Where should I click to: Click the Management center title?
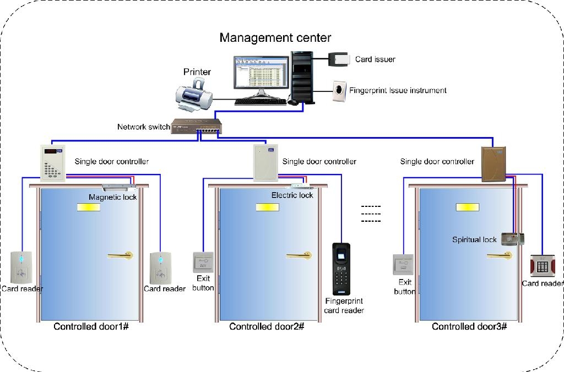click(x=275, y=38)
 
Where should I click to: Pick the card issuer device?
click(x=339, y=59)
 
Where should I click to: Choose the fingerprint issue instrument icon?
click(x=339, y=90)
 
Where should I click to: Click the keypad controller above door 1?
click(x=54, y=163)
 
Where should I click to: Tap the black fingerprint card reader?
click(x=342, y=269)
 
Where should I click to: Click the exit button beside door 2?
click(x=203, y=262)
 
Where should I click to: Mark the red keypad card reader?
click(x=542, y=266)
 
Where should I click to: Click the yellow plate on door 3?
click(x=468, y=207)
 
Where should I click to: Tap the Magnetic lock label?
click(x=112, y=197)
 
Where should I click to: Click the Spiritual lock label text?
click(x=474, y=239)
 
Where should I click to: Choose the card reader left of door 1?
click(x=22, y=266)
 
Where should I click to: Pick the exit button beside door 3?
click(x=403, y=265)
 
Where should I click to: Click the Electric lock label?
click(x=292, y=195)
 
